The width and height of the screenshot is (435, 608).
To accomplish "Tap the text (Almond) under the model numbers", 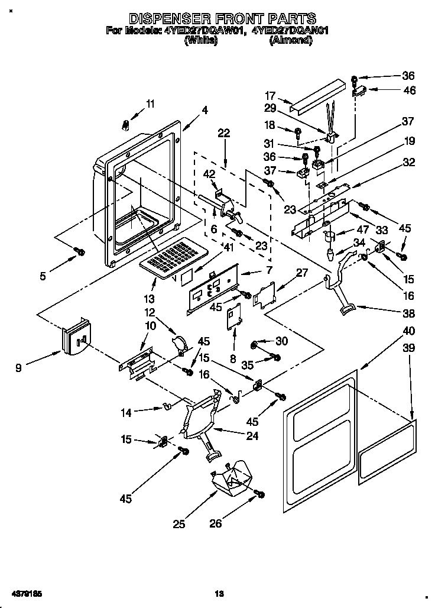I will [290, 40].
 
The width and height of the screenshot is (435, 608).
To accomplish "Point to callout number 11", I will [150, 104].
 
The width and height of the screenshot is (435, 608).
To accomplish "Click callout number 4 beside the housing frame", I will [204, 109].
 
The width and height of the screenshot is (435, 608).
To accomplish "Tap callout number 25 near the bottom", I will [179, 523].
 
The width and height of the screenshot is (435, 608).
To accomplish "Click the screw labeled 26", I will [258, 493].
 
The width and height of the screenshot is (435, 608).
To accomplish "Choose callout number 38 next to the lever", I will [408, 313].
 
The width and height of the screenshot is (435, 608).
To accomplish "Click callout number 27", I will [302, 273].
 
